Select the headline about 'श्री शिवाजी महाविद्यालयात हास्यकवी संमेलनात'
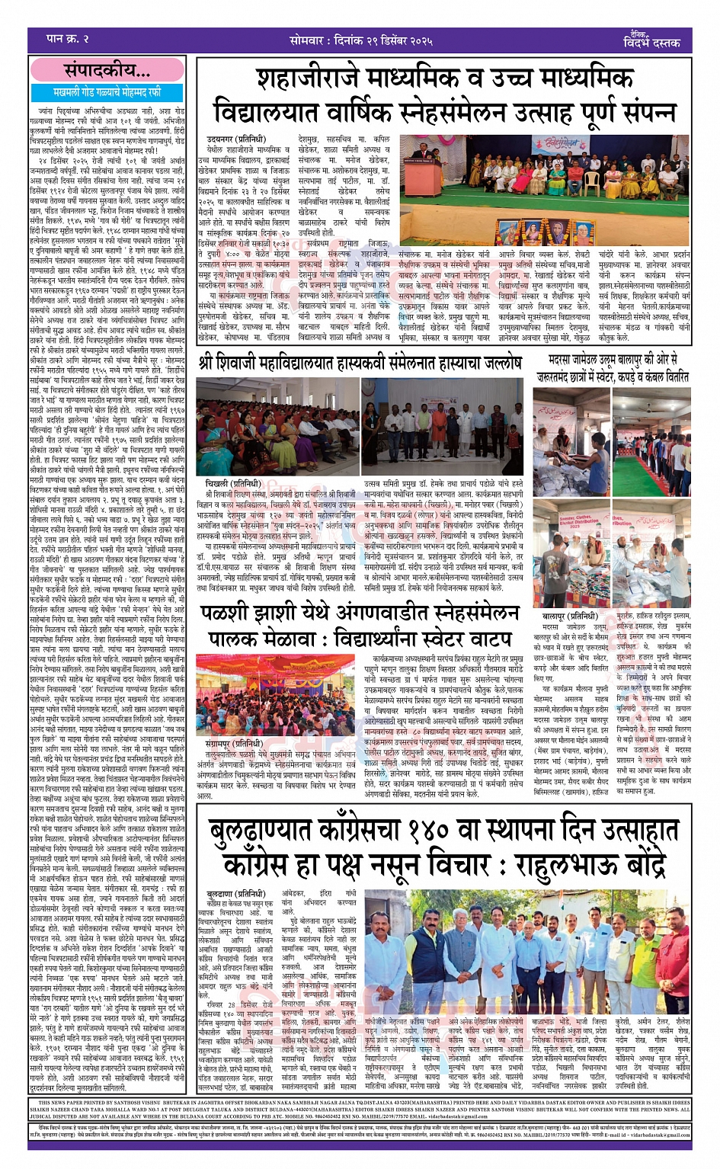(360, 363)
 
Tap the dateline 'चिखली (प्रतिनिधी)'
(234, 484)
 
